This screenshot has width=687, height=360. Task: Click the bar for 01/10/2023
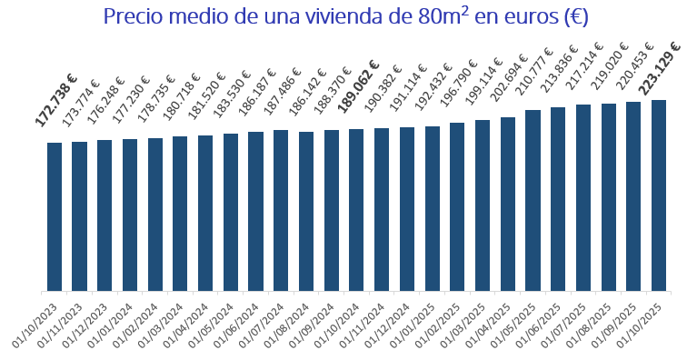55,217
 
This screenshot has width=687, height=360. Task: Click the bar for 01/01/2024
130,215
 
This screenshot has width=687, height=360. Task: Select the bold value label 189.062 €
359,87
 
